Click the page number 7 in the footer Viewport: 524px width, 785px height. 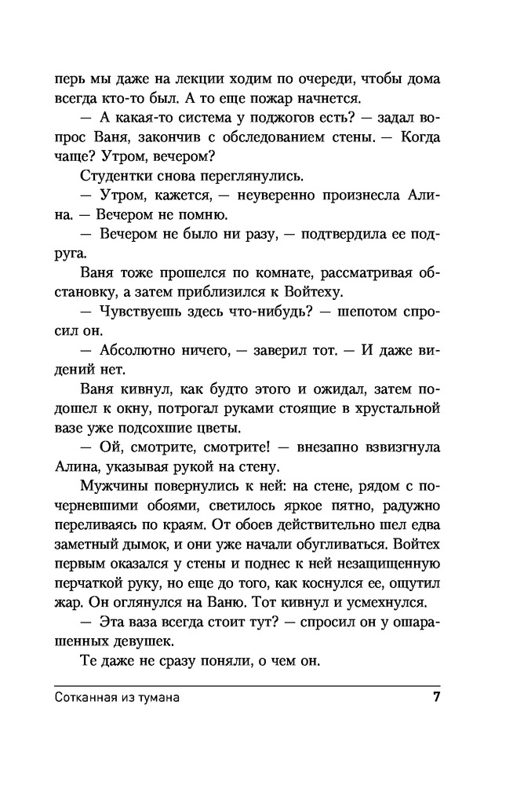(435, 697)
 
